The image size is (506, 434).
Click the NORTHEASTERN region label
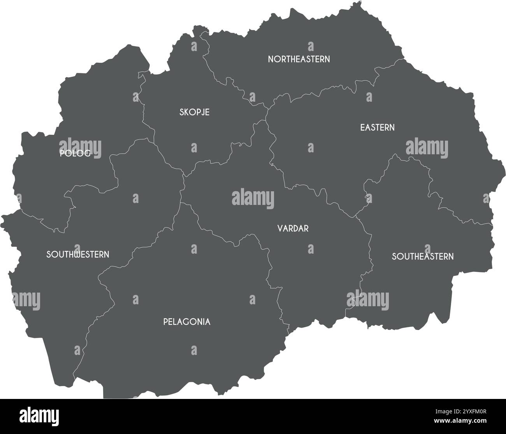pos(299,59)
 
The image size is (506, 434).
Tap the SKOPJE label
pos(194,112)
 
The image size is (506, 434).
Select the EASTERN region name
pos(377,127)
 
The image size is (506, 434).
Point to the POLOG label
pos(75,153)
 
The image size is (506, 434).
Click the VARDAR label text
pos(293,228)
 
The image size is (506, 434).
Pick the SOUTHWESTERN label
pos(77,254)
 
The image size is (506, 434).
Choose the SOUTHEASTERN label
pos(422,256)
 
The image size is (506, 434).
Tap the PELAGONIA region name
pos(187,322)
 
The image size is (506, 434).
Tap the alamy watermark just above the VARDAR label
pos(253,199)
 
